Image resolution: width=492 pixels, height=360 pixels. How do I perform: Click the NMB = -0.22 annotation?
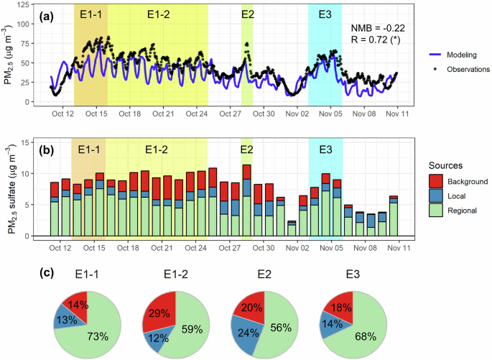coord(377,27)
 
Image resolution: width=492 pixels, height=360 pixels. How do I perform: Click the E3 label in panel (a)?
coord(325,14)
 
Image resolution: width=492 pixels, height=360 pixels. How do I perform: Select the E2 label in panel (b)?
coord(246,149)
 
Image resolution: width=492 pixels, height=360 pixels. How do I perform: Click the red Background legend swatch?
coord(437,182)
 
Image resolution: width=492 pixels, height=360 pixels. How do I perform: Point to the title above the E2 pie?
coord(256,275)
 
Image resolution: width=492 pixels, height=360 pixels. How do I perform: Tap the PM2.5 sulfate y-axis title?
coord(10,189)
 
